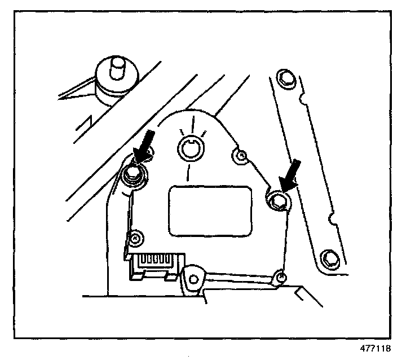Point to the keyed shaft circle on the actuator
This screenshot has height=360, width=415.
pyautogui.click(x=190, y=150)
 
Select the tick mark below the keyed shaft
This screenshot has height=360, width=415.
pyautogui.click(x=189, y=172)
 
